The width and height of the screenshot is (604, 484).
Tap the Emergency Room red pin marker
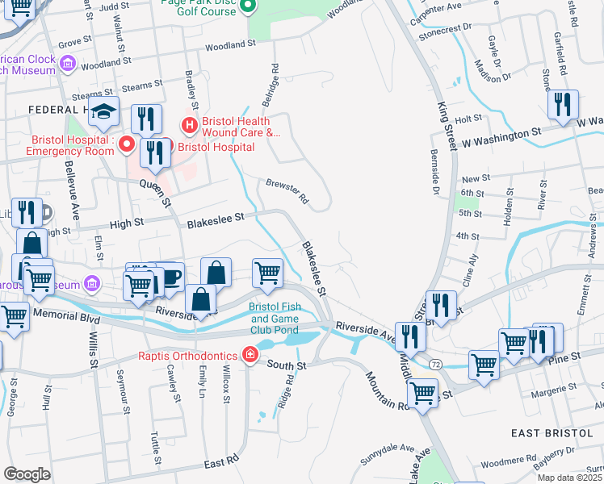point(126,144)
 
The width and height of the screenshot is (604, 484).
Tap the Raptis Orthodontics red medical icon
point(250,356)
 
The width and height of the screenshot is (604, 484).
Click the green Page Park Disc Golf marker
point(249,7)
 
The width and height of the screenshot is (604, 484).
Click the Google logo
point(27,474)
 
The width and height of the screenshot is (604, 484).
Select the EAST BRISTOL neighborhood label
point(552,433)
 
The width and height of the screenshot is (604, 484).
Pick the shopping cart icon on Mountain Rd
point(422,394)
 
